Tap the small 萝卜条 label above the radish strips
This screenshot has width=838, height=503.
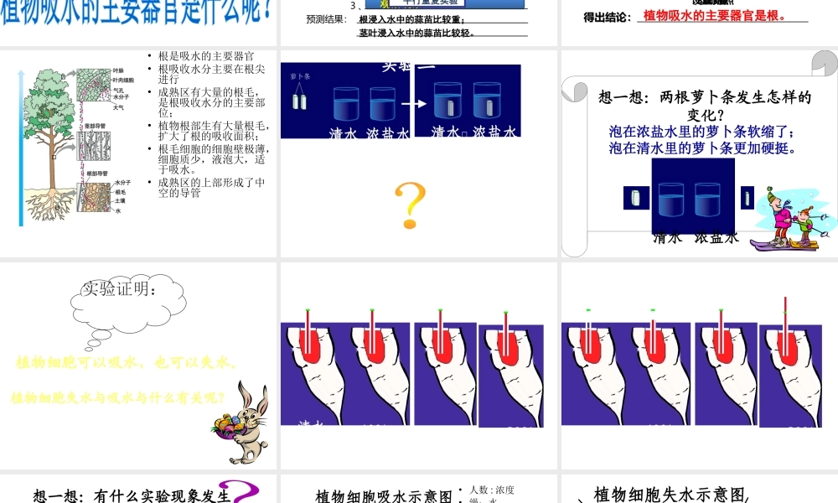pyautogui.click(x=300, y=76)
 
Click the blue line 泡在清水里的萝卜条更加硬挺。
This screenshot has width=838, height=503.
pyautogui.click(x=701, y=148)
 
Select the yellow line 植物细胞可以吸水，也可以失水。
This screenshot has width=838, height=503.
pyautogui.click(x=127, y=363)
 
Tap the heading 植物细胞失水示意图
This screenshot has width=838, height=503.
pyautogui.click(x=670, y=495)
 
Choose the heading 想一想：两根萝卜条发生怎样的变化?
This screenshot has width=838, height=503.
pyautogui.click(x=705, y=105)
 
